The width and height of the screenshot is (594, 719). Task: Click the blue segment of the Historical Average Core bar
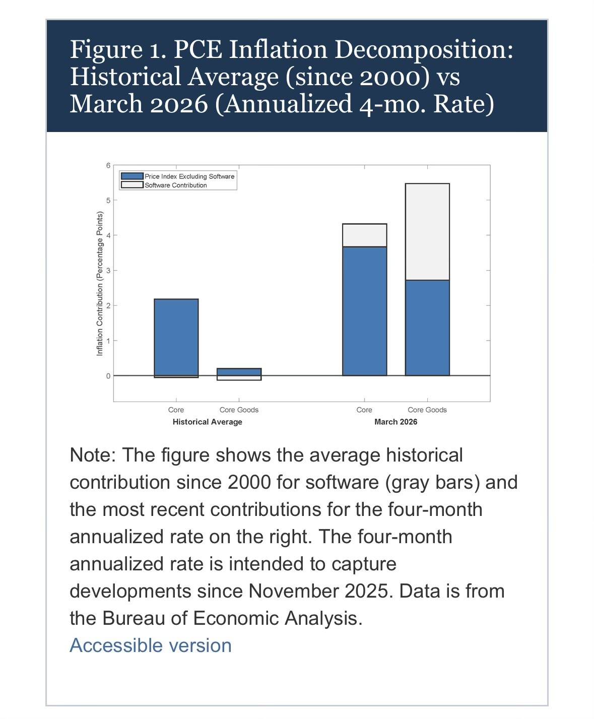coord(176,337)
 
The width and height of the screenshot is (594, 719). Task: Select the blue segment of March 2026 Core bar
coord(364,311)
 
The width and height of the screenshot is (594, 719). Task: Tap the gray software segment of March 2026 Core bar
coord(364,235)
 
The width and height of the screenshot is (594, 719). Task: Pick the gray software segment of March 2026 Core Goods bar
coord(427,232)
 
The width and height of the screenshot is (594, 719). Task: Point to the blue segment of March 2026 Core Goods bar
coord(427,328)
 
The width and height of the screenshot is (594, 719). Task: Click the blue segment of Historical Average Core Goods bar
coord(239,372)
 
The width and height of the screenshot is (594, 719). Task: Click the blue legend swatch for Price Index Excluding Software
coord(132,176)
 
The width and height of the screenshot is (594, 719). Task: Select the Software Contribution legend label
coord(176,185)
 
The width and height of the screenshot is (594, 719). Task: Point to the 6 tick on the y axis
coord(108,166)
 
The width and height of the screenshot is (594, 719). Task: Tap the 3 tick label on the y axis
coord(108,271)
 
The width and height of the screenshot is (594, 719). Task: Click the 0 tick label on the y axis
coord(108,376)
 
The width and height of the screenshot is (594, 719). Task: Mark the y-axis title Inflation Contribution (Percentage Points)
coord(100,283)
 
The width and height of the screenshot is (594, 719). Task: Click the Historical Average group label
coord(207,422)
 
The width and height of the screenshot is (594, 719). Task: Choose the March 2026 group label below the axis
coord(395,422)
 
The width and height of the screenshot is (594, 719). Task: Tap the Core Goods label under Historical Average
coord(239,410)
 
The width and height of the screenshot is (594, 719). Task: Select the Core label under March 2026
coord(364,410)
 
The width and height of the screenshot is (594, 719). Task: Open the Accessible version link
coord(151,645)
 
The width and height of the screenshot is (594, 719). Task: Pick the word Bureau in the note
coord(134,618)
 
